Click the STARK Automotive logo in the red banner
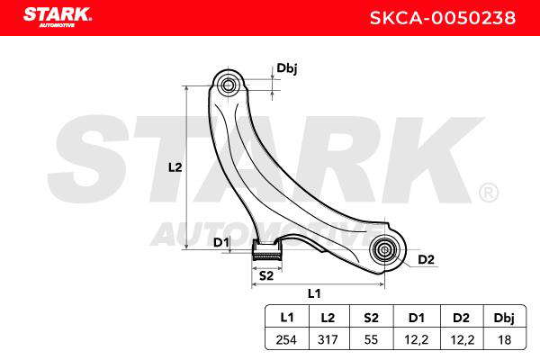tap(58, 17)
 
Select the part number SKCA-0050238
tap(443, 18)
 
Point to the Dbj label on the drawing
tap(287, 68)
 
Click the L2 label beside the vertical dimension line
tap(175, 167)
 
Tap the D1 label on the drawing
tap(221, 242)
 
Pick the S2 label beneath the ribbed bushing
tap(266, 275)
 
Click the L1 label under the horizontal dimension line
tap(314, 293)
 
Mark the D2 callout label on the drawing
tap(426, 259)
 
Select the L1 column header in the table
tap(287, 318)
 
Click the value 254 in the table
tap(286, 339)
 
